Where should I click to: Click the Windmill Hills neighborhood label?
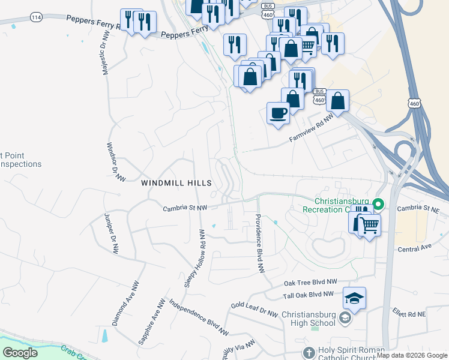[176, 182]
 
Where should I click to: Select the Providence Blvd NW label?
[261, 244]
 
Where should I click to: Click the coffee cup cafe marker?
[278, 113]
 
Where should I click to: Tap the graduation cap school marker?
[354, 298]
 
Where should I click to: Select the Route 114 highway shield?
[37, 17]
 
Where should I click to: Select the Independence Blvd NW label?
[199, 317]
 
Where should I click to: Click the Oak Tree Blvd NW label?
[310, 282]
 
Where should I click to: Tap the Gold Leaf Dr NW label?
[255, 310]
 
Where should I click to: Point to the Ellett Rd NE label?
[409, 314]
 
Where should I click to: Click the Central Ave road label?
[414, 247]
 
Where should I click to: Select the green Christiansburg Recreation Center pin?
[378, 205]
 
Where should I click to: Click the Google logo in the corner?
[20, 353]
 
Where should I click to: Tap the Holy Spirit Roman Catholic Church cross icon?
[309, 352]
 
